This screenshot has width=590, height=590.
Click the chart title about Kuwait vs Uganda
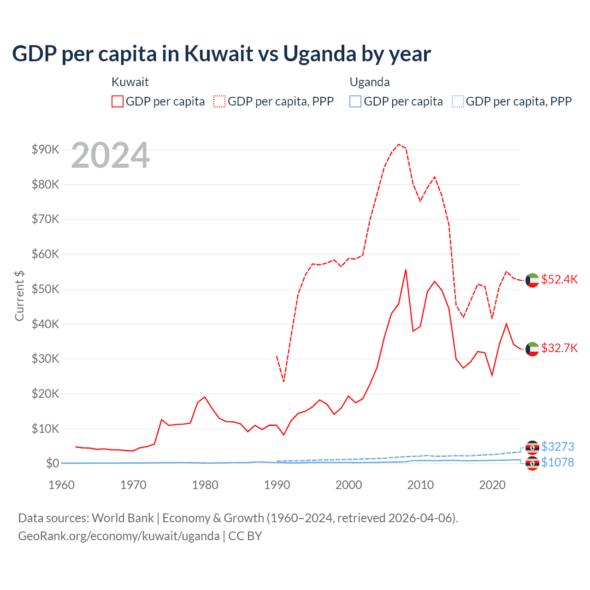coord(221,54)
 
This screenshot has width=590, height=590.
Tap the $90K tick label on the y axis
coord(45,149)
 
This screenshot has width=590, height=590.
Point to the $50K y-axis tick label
coord(45,289)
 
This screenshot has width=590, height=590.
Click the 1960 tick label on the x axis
coord(61,485)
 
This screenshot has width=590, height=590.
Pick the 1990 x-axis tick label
coord(277,485)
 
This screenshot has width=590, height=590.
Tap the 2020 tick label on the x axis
coord(492,485)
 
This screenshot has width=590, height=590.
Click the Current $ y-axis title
coord(19,295)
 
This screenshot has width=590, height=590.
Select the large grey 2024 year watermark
coord(110,156)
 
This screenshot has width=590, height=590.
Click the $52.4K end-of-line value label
coord(559,280)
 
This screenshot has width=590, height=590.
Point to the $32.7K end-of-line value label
coord(559,348)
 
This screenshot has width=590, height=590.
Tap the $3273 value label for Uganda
coord(557,447)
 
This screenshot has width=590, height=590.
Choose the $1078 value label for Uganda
coord(557,462)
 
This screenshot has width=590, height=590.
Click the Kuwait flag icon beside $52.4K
coord(532,280)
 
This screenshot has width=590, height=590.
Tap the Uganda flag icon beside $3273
coord(532,447)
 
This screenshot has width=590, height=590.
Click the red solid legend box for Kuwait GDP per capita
coord(118,101)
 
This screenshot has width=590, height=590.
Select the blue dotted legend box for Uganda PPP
coord(458,101)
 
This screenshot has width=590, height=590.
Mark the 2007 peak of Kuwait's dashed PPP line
coord(399,144)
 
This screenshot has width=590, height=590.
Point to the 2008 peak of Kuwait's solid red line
coord(406,270)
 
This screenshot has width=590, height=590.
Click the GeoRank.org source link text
coord(119,536)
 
